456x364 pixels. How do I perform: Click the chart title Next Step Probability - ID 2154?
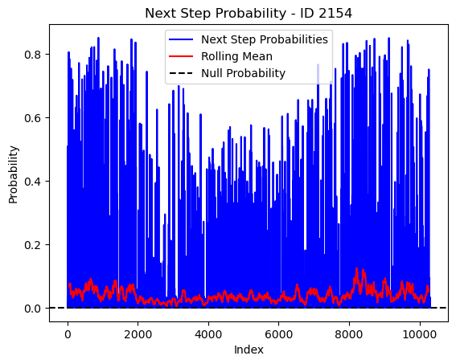(249, 14)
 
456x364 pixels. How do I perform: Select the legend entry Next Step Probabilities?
(265, 40)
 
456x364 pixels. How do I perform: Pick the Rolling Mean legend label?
(236, 56)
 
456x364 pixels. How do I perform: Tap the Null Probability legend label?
(243, 73)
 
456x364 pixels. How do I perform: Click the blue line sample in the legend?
(181, 39)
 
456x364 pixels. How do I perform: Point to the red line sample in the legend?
(181, 56)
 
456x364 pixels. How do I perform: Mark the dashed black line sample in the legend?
(181, 73)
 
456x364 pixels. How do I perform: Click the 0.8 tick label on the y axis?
(32, 55)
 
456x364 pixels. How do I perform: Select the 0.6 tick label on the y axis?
(32, 117)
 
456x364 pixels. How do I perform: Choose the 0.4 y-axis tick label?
(32, 182)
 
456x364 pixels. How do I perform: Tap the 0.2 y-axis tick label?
(32, 244)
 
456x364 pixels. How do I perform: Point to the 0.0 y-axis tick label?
(32, 309)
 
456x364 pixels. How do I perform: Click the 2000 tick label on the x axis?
(138, 334)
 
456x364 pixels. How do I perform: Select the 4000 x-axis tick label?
(208, 334)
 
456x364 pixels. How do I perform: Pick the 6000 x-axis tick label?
(278, 334)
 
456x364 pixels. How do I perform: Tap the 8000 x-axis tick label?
(349, 334)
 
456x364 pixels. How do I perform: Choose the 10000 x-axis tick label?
(419, 334)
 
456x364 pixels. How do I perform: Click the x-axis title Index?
(249, 350)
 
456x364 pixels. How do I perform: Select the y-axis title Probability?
(14, 174)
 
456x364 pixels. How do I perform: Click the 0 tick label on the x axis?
(68, 334)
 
